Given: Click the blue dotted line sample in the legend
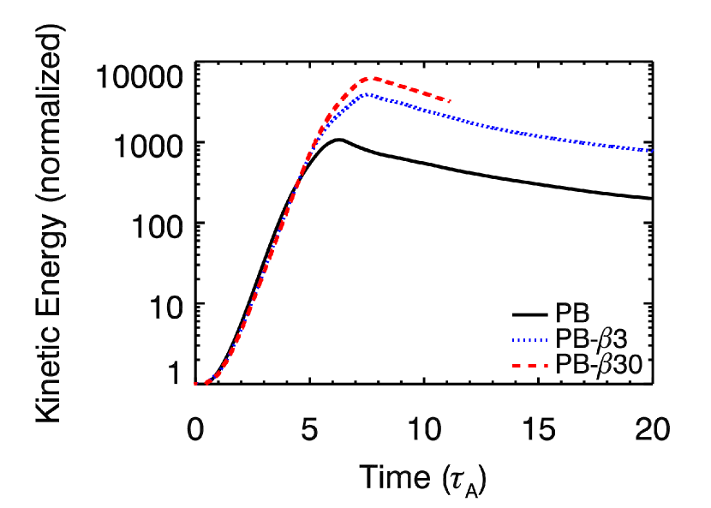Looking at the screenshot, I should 529,341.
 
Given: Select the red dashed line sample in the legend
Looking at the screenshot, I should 529,366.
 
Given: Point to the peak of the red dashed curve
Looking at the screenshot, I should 371,78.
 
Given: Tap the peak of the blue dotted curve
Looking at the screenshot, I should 367,94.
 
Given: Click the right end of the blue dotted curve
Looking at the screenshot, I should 652,151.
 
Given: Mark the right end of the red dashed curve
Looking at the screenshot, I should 449,101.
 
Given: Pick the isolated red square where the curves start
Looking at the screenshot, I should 195,384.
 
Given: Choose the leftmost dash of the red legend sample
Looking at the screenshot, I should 517,366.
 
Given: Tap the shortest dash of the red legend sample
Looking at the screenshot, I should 545,366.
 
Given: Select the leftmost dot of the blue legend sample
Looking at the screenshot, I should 514,341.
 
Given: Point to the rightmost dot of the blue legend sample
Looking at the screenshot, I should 546,341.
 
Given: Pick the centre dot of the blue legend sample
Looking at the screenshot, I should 529,341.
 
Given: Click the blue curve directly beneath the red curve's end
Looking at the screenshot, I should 449,117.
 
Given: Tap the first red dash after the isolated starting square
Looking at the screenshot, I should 208,380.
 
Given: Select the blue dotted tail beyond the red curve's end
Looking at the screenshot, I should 557,138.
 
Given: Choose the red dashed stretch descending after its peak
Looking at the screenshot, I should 411,88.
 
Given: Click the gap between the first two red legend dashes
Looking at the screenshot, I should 524,366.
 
